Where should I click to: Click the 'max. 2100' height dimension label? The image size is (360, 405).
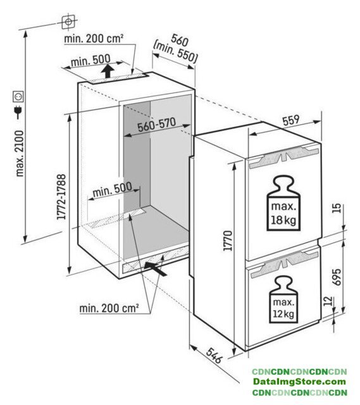[x=20, y=153]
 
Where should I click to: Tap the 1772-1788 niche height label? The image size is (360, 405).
[x=61, y=197]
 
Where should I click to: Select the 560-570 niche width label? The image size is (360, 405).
[x=157, y=125]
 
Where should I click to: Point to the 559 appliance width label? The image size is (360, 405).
[x=291, y=121]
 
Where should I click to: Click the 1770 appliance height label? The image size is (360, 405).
[x=228, y=240]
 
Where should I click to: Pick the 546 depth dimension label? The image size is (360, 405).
[x=214, y=355]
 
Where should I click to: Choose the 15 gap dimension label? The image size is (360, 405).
[x=336, y=208]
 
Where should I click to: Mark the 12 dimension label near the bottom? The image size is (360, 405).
[x=328, y=301]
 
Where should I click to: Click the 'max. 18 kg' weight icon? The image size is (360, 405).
[x=283, y=204]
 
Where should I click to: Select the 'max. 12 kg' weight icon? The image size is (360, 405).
[x=283, y=299]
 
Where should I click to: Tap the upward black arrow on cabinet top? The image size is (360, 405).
[x=108, y=71]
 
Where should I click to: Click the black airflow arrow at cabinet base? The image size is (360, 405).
[x=154, y=268]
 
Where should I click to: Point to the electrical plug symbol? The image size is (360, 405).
[x=18, y=112]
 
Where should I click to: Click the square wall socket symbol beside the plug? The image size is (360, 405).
[x=18, y=96]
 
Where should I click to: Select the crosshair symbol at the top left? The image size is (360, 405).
[x=68, y=22]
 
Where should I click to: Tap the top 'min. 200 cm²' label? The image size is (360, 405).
[x=94, y=39]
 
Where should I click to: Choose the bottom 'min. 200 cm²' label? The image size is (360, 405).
[x=109, y=308]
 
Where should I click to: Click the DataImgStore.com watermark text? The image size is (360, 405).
[x=299, y=381]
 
